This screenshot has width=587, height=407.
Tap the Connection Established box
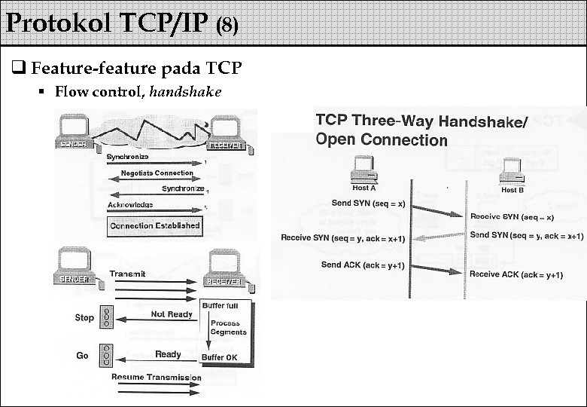tap(155, 225)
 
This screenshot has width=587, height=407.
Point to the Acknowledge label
tap(130, 205)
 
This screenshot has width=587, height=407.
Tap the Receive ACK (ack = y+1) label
tap(516, 274)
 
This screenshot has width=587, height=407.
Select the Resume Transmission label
tap(156, 377)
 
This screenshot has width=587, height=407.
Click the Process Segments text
tap(228, 328)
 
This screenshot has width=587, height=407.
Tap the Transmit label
tap(128, 274)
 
